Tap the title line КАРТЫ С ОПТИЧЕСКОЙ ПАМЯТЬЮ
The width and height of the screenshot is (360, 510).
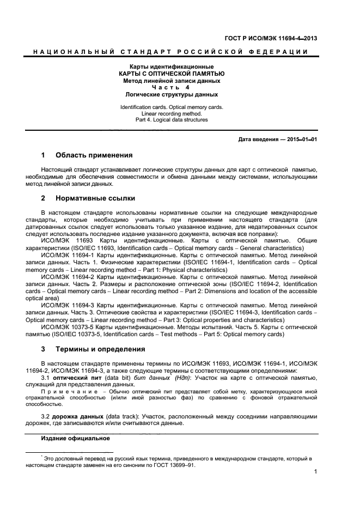click(x=172, y=73)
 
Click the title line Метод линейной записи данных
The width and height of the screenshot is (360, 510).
click(x=172, y=80)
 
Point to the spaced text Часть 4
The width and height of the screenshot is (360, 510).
click(x=172, y=87)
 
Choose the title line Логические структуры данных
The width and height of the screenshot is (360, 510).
click(x=172, y=94)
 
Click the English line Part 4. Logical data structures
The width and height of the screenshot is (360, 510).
click(x=172, y=120)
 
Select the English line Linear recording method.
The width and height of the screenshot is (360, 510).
click(x=172, y=113)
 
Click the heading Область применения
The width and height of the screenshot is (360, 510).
click(x=94, y=155)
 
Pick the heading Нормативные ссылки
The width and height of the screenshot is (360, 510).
click(x=95, y=198)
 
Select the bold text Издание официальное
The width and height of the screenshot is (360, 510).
click(x=75, y=438)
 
